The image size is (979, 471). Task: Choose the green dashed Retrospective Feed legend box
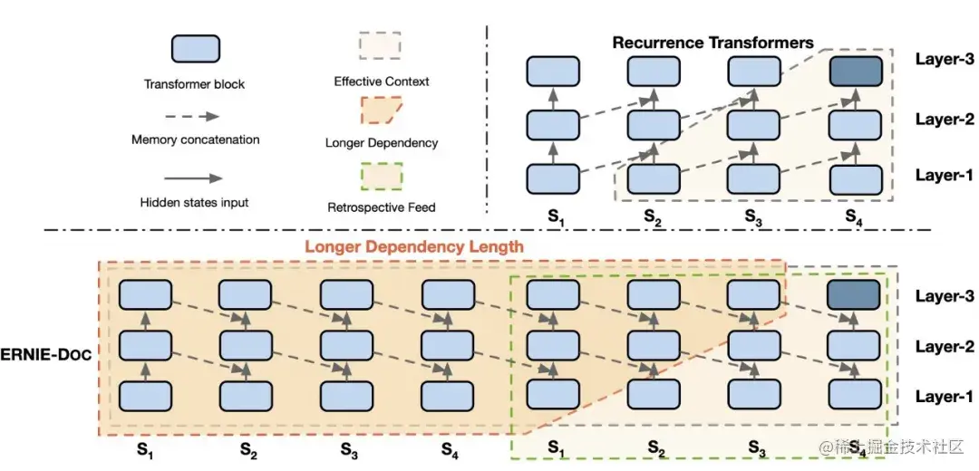click(x=381, y=176)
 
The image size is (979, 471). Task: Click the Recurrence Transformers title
click(x=712, y=43)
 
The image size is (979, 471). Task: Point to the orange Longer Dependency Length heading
click(x=414, y=245)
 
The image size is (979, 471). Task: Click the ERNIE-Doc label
click(x=46, y=354)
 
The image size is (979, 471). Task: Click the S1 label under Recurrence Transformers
click(x=552, y=216)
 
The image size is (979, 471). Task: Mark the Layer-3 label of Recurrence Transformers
click(x=944, y=60)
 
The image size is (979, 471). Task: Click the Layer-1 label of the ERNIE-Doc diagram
click(x=944, y=397)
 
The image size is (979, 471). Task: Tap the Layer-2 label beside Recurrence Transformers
click(x=944, y=120)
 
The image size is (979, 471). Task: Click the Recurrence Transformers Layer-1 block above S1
click(x=552, y=178)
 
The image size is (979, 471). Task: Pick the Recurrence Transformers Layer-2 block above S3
click(x=752, y=124)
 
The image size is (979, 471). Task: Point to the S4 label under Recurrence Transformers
click(x=853, y=216)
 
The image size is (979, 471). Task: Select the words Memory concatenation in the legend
click(x=195, y=140)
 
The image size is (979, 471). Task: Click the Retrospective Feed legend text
click(x=381, y=207)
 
